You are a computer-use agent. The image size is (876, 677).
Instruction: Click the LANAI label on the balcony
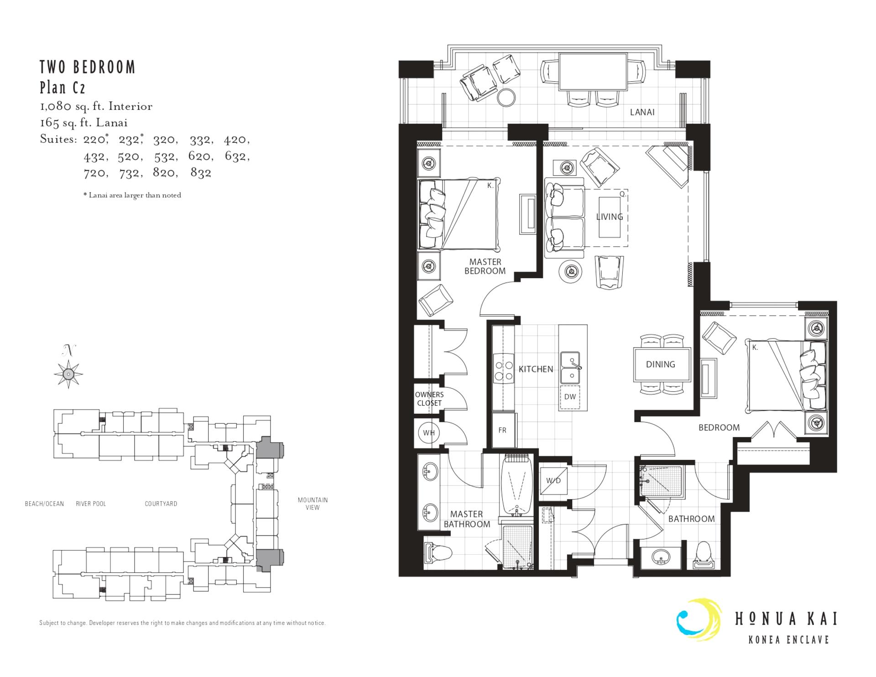[642, 112]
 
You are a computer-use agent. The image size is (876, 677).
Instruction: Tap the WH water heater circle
[428, 432]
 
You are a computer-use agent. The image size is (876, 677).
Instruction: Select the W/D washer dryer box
[553, 480]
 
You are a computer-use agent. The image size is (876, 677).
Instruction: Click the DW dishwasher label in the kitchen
[570, 396]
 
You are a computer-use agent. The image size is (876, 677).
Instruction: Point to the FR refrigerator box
[502, 430]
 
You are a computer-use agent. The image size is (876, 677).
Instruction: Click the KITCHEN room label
[536, 369]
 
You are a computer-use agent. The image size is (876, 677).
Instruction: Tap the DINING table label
[660, 364]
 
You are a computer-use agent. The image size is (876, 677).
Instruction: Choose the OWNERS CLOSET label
[429, 399]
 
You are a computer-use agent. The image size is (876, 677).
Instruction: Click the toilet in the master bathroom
[438, 553]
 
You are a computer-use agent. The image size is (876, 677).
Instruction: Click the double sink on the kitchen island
[570, 367]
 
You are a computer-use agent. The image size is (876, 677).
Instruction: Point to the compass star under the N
[68, 374]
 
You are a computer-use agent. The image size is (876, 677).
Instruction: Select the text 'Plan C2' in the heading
[63, 87]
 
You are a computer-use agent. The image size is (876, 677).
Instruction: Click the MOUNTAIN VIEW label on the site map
[313, 504]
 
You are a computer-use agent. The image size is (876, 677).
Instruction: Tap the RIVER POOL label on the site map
[91, 504]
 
